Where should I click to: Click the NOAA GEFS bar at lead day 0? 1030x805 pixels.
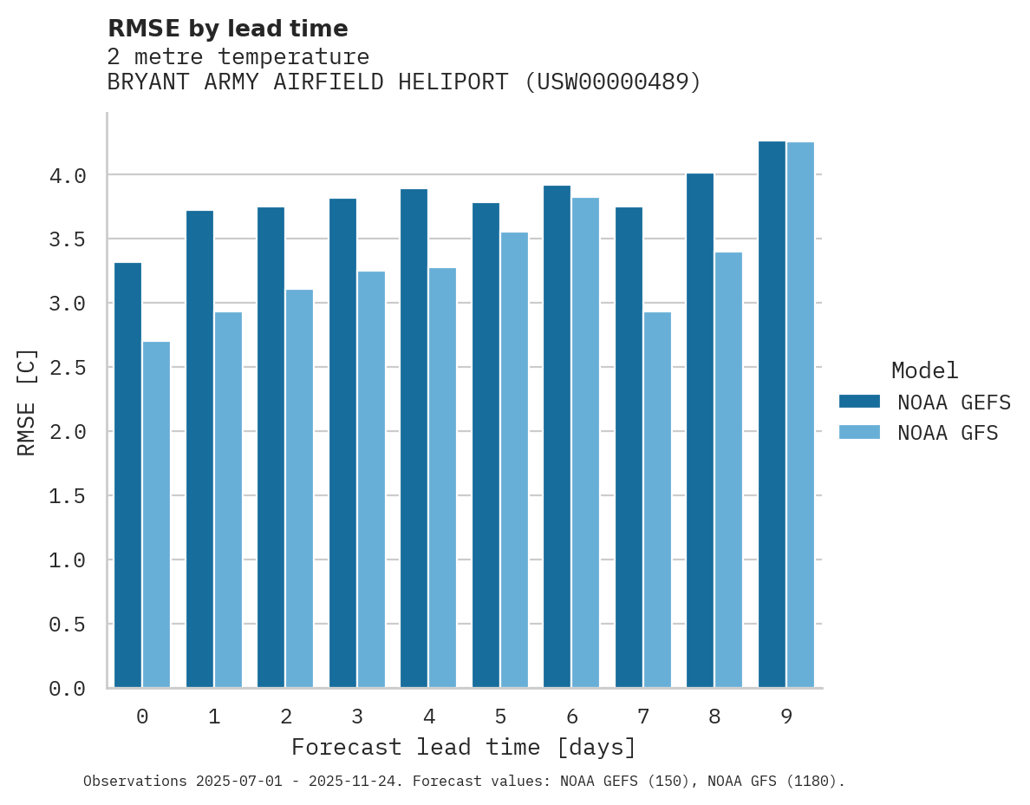click(x=127, y=475)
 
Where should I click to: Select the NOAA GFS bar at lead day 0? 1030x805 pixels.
click(x=156, y=514)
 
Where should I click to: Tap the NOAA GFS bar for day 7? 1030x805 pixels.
click(x=657, y=500)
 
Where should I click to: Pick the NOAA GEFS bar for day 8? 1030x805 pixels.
click(x=700, y=430)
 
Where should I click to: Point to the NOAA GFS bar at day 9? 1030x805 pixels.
click(x=800, y=415)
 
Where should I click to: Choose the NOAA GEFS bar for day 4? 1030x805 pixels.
click(x=414, y=438)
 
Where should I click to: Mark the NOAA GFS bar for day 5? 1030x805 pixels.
click(x=514, y=460)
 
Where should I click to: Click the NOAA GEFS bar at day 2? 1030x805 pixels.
click(x=271, y=448)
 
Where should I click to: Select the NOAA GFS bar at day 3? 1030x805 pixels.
click(x=371, y=480)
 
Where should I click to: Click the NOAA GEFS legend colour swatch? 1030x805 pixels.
click(x=859, y=402)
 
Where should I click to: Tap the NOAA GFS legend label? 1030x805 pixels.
click(x=948, y=433)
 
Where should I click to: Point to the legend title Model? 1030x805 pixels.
click(x=924, y=371)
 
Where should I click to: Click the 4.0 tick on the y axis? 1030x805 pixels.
click(x=68, y=176)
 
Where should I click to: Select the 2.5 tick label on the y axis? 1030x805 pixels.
click(x=68, y=369)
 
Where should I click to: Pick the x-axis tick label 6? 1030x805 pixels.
click(x=572, y=717)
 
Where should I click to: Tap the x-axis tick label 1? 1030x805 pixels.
click(x=214, y=717)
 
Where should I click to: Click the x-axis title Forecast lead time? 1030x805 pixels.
click(x=464, y=747)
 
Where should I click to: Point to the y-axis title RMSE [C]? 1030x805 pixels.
click(x=27, y=402)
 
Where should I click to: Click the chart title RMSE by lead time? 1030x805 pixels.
click(x=227, y=29)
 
